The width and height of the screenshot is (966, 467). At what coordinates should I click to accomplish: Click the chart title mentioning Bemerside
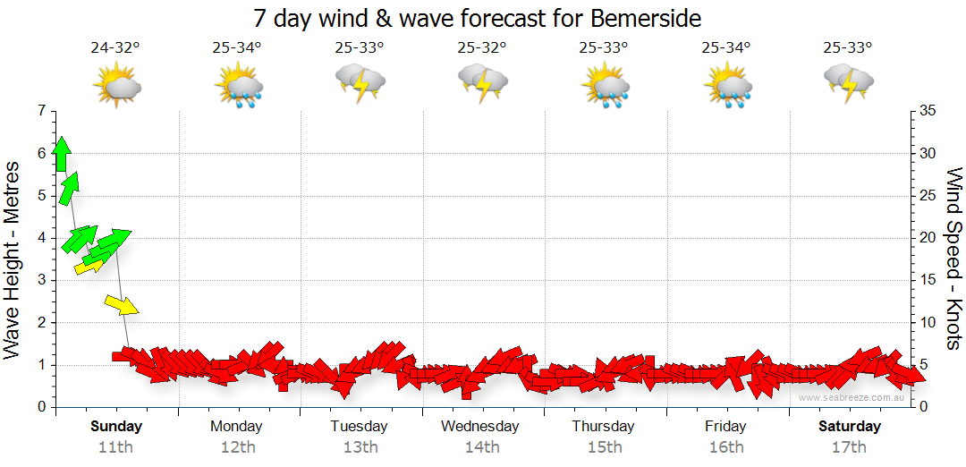pyautogui.click(x=478, y=18)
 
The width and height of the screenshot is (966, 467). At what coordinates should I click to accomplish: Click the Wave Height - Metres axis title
pyautogui.click(x=13, y=259)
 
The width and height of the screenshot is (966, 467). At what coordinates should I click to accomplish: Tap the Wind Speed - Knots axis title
pyautogui.click(x=953, y=259)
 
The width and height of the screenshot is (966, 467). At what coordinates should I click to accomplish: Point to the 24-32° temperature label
pyautogui.click(x=115, y=47)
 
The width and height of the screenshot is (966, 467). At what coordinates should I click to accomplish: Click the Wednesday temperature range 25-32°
pyautogui.click(x=482, y=47)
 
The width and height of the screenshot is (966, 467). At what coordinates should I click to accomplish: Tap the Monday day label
pyautogui.click(x=237, y=426)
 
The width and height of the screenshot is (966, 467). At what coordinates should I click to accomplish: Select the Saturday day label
pyautogui.click(x=850, y=426)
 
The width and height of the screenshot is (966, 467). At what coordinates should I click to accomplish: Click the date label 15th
pyautogui.click(x=605, y=446)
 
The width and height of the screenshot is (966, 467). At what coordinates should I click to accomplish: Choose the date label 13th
pyautogui.click(x=360, y=446)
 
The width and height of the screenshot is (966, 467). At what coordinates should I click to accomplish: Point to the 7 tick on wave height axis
pyautogui.click(x=40, y=111)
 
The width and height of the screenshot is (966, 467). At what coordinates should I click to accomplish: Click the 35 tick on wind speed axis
pyautogui.click(x=927, y=111)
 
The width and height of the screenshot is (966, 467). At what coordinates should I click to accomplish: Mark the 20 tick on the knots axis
pyautogui.click(x=927, y=238)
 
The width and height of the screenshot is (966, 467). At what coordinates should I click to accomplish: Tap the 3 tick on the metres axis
pyautogui.click(x=40, y=280)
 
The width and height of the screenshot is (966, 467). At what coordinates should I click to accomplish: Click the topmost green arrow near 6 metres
pyautogui.click(x=61, y=154)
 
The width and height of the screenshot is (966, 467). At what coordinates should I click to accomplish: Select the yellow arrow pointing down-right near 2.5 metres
pyautogui.click(x=122, y=304)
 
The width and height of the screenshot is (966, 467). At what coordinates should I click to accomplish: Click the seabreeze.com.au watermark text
pyautogui.click(x=851, y=397)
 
